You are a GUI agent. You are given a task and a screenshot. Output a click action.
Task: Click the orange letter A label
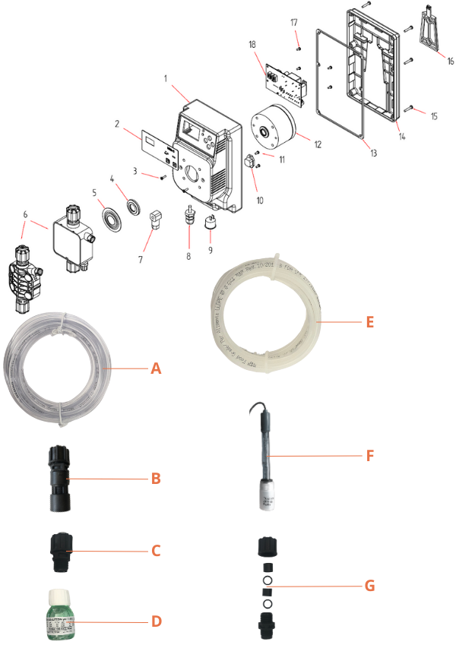156,368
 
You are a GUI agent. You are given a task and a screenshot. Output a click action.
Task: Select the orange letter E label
369,322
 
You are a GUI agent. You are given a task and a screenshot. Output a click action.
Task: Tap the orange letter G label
369,587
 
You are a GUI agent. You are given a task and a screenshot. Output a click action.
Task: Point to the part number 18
252,45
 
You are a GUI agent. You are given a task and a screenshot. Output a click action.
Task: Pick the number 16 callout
450,61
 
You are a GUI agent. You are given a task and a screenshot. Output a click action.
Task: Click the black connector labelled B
57,478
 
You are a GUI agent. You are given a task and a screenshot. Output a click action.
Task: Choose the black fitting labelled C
62,549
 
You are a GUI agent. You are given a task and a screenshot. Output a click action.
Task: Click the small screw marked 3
162,179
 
